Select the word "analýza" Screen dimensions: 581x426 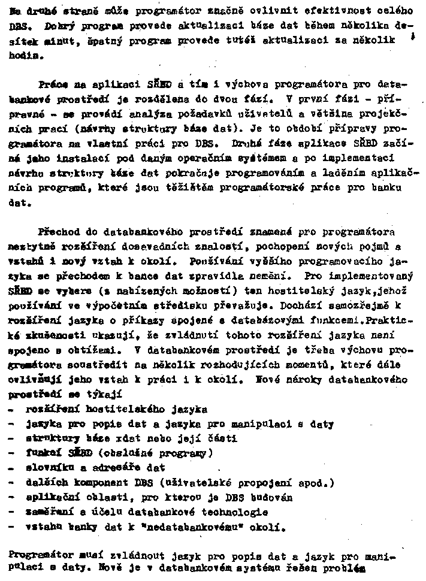click(x=138, y=112)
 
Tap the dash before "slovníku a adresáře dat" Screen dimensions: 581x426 click(x=13, y=467)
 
